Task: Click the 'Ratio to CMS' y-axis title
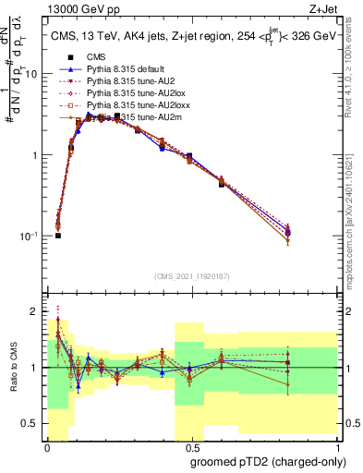point(14,369)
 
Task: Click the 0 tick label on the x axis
point(46,446)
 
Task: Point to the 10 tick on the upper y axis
point(34,74)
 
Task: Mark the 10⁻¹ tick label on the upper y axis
point(30,236)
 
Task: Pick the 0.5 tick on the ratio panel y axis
point(33,423)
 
